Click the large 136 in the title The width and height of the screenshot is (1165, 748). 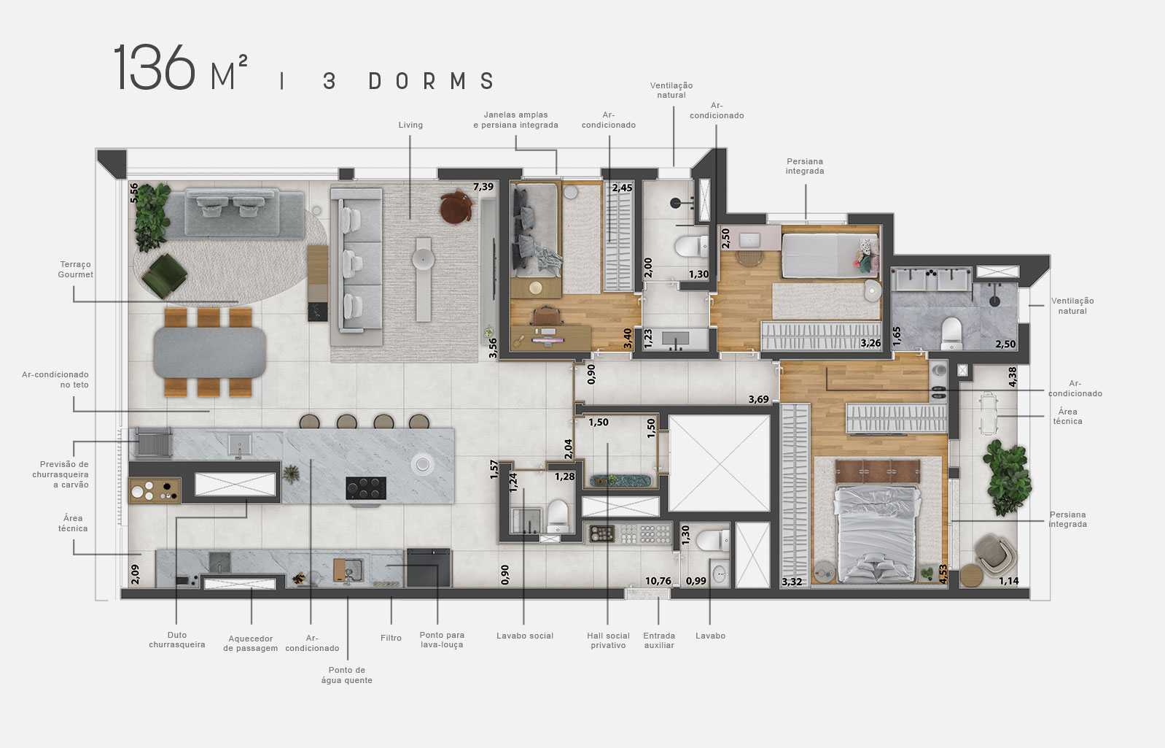[154, 68]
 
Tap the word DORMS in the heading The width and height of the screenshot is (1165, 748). [432, 81]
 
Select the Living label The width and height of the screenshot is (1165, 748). [410, 125]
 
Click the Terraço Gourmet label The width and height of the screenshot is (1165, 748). [76, 269]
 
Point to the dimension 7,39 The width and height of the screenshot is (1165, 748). [483, 187]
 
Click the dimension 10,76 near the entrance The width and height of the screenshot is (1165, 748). [658, 581]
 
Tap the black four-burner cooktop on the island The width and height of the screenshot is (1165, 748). [365, 487]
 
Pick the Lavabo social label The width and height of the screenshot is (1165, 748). [525, 636]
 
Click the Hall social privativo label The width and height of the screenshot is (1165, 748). [608, 640]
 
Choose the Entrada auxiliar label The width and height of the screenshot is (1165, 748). [659, 640]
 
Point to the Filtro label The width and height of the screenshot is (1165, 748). [391, 638]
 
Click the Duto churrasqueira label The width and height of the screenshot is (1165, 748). [177, 640]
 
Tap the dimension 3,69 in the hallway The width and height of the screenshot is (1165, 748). [758, 399]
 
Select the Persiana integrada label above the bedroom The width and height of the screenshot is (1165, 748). [805, 166]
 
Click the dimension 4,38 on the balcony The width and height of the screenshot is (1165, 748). [1012, 376]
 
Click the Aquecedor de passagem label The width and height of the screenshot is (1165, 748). [250, 643]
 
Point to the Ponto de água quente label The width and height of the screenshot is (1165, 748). [346, 675]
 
